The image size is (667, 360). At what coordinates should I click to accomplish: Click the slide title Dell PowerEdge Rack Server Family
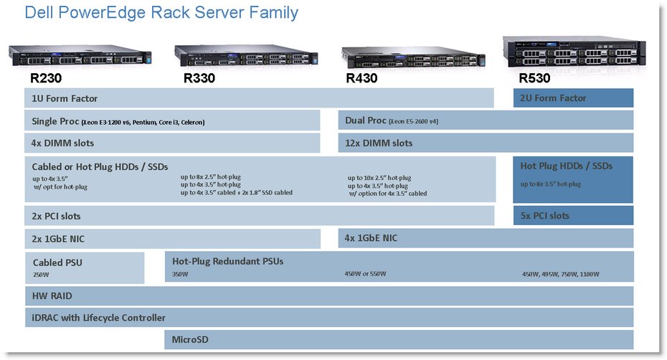click(x=161, y=13)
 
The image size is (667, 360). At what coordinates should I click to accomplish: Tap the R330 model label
click(x=199, y=77)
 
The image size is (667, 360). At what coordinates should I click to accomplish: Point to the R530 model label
click(x=535, y=77)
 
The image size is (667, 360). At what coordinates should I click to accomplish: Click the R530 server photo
click(x=574, y=53)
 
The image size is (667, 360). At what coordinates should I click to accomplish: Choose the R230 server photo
click(x=80, y=55)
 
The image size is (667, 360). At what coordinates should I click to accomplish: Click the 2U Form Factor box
click(x=573, y=98)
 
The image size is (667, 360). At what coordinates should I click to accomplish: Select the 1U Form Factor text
click(x=65, y=98)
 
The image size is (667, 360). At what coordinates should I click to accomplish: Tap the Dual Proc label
click(x=366, y=120)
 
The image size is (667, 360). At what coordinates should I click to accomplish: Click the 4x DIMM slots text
click(x=62, y=143)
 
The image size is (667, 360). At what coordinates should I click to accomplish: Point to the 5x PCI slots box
click(x=573, y=216)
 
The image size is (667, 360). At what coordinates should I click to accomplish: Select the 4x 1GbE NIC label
click(x=370, y=238)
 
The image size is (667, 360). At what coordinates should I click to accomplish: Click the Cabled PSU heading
click(x=57, y=262)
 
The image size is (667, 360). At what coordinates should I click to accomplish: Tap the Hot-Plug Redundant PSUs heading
click(x=227, y=261)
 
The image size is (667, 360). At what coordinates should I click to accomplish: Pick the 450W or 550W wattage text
click(x=366, y=273)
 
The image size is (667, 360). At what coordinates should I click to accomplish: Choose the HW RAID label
click(x=52, y=295)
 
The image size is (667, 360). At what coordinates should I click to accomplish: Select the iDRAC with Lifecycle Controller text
click(x=98, y=318)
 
